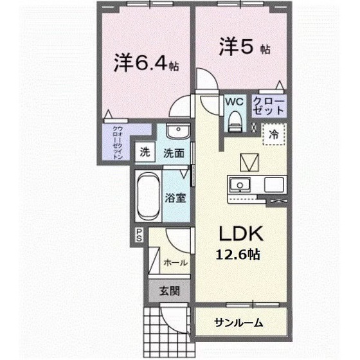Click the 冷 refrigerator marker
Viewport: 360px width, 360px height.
point(273,135)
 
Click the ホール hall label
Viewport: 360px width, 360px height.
point(175,262)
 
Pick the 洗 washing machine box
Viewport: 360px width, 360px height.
point(145,153)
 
